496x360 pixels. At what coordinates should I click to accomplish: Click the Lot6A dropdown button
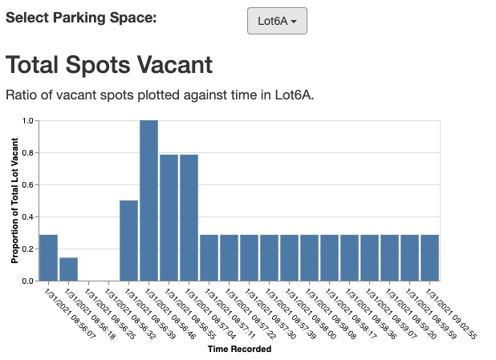click(x=277, y=22)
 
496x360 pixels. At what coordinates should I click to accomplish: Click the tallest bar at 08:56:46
click(x=148, y=200)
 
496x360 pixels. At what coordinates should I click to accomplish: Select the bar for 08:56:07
click(x=48, y=257)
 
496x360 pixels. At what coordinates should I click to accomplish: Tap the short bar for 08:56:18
click(x=68, y=269)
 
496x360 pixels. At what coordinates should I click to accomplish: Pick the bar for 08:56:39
click(x=128, y=241)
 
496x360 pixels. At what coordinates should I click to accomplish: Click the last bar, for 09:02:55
click(x=430, y=257)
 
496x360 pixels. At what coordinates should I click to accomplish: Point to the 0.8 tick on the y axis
click(x=30, y=152)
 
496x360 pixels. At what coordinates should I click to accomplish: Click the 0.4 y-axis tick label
click(x=30, y=216)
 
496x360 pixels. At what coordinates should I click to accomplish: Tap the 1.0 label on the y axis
click(x=30, y=121)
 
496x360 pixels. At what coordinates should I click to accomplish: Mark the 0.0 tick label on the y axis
click(x=30, y=281)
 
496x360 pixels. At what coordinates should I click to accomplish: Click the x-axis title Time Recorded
click(x=239, y=349)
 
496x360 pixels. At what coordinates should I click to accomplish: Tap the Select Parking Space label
click(x=81, y=17)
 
